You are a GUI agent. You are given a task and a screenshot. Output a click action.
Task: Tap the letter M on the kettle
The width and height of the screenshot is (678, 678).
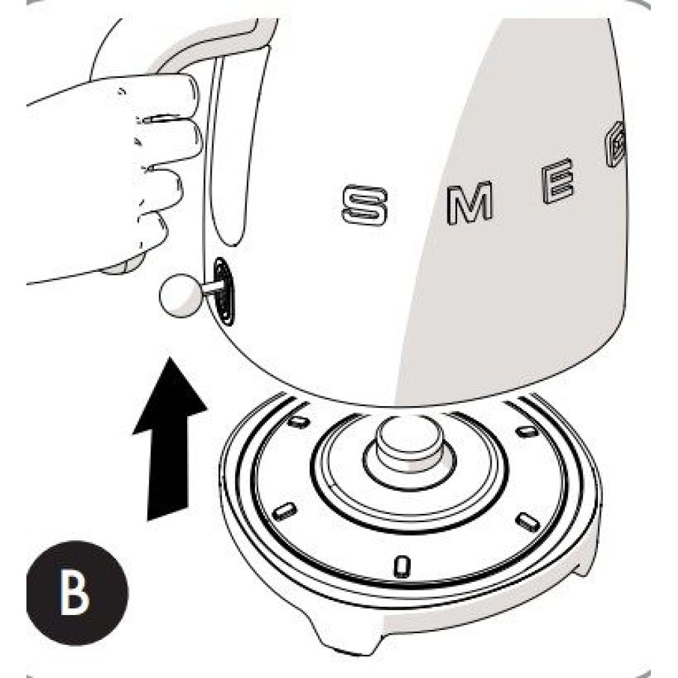pos(468,202)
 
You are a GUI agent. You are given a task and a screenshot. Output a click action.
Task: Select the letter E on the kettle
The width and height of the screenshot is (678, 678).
pos(559,182)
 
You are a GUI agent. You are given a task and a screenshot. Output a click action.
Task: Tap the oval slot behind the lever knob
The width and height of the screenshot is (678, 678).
pos(224,290)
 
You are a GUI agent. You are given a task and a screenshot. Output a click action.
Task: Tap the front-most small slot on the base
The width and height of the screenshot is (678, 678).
pos(401,563)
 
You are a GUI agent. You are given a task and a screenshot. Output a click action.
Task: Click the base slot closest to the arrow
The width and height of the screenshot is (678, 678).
pos(285,511)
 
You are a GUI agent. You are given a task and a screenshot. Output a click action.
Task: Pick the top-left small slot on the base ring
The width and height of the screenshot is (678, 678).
pos(298,422)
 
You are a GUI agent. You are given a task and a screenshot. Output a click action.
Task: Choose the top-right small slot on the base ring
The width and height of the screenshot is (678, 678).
pos(526,431)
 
